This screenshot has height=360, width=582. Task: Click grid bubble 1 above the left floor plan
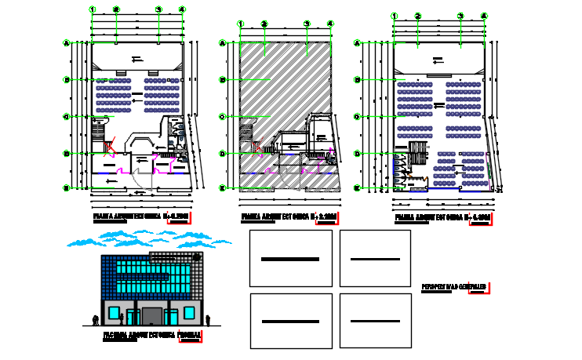(93, 9)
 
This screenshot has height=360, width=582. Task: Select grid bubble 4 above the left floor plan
(182, 9)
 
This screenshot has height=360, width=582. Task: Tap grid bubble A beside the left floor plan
(67, 43)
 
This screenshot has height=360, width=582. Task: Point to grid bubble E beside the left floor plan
(67, 187)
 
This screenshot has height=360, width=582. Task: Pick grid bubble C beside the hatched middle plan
(223, 116)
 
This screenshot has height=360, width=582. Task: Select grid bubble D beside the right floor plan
(358, 154)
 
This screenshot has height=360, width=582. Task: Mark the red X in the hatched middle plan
(256, 145)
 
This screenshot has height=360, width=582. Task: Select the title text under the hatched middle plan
(277, 217)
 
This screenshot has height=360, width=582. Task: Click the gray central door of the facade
(152, 316)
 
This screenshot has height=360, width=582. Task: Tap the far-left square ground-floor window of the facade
(115, 312)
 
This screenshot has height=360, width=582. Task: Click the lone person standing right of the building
(209, 318)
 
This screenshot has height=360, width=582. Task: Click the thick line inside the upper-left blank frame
(289, 259)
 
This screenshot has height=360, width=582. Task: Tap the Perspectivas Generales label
(454, 286)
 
